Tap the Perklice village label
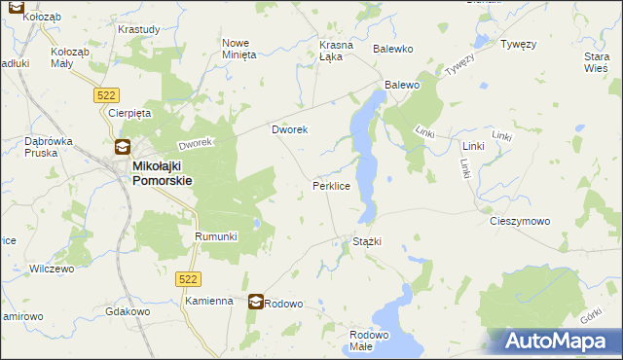tap(331, 185)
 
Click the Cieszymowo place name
tap(519, 221)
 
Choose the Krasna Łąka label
tap(337, 51)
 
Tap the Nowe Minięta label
tap(239, 50)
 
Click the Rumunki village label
tap(216, 236)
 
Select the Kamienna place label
tap(209, 302)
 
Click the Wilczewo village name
tap(53, 269)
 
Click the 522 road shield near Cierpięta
tap(107, 93)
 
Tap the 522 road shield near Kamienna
tap(190, 279)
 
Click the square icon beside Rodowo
tap(255, 303)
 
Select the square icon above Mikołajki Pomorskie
tap(123, 148)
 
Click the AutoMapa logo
tap(556, 342)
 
